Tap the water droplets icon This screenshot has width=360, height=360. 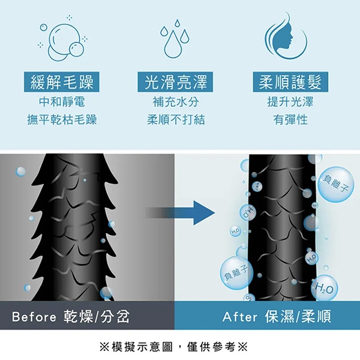175,38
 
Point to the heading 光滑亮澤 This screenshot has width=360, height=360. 175,83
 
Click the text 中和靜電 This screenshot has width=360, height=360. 61,102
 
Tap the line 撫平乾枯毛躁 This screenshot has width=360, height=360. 61,120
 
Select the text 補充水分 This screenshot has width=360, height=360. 176,102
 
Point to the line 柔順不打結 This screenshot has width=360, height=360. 176,120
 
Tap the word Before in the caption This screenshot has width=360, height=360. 34,317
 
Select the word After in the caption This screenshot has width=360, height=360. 240,317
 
